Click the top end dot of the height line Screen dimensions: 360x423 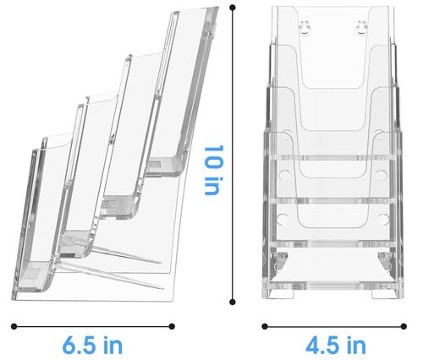[x=233, y=8]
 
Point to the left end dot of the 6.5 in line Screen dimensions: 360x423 [x=14, y=325]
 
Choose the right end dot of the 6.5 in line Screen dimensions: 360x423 [x=172, y=325]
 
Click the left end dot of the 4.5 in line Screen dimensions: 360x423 [x=264, y=325]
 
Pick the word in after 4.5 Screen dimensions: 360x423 [x=357, y=345]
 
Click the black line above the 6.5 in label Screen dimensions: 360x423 [x=93, y=325]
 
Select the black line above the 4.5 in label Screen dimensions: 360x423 [x=335, y=325]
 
